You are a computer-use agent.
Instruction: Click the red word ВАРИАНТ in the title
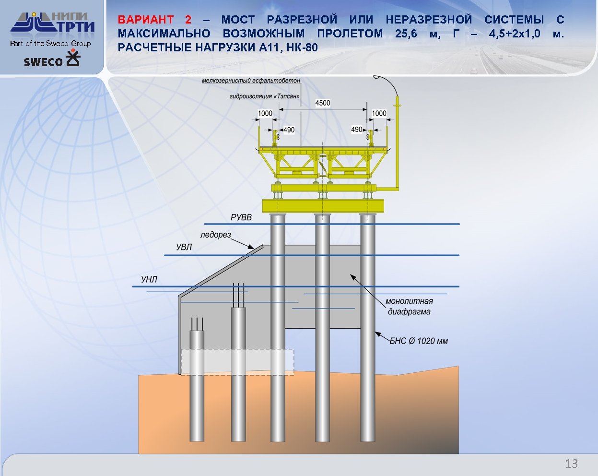pos(146,20)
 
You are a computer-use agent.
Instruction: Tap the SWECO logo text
pos(44,62)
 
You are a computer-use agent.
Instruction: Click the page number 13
pos(571,464)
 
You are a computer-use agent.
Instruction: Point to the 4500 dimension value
pos(323,103)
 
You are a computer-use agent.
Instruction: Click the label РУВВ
pos(241,217)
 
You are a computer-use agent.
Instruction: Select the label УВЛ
pos(184,247)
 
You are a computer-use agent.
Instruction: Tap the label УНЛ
pos(149,279)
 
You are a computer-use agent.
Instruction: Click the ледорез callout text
pos(215,235)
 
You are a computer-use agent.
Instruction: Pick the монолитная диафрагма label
pos(409,306)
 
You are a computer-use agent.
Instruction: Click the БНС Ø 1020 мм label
pos(419,341)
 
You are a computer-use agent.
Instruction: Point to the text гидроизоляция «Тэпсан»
pos(265,96)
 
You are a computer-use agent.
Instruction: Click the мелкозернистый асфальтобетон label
pos(251,81)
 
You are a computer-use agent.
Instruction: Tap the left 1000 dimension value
pos(265,113)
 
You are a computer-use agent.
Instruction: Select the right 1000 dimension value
pos(379,113)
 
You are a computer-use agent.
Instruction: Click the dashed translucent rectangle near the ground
pos(237,362)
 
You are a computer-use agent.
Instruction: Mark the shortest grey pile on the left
pos(197,384)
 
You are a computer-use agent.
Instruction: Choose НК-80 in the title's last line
pos(302,48)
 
